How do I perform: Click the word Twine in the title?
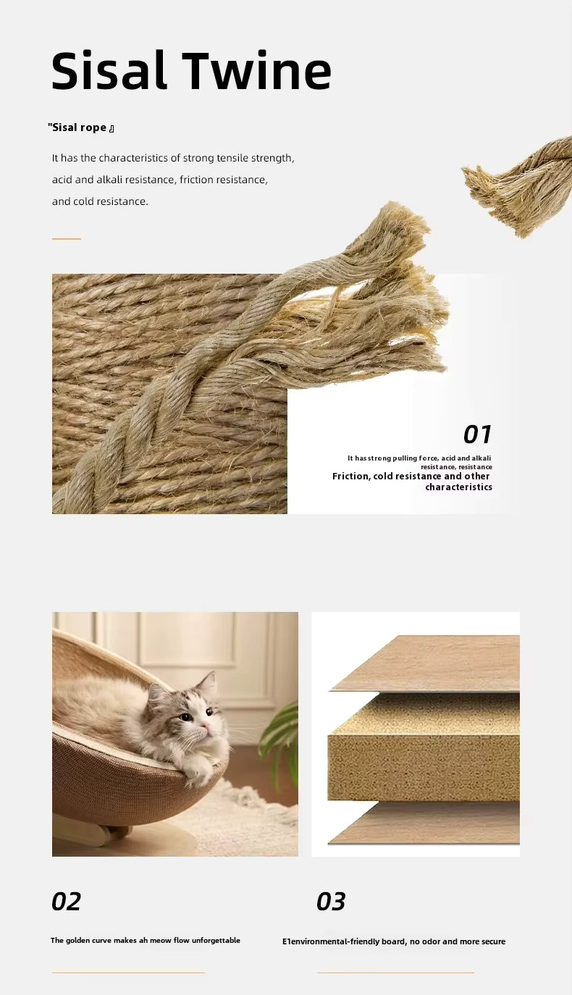pos(257,71)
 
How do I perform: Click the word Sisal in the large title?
pos(109,70)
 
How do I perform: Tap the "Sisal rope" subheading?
pos(81,128)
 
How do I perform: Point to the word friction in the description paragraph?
pos(195,180)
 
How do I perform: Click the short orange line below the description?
pos(67,239)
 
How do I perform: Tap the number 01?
pos(477,434)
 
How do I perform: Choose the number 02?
pos(66,902)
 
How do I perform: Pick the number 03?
pos(331,902)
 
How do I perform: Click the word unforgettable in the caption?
pos(216,941)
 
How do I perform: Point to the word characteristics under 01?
pos(459,487)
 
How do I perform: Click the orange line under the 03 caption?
pos(395,973)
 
